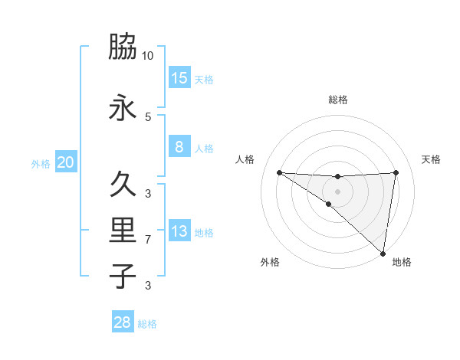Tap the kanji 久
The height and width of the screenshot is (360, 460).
pyautogui.click(x=123, y=185)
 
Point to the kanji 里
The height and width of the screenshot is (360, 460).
pyautogui.click(x=123, y=231)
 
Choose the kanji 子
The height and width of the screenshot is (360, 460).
pyautogui.click(x=123, y=277)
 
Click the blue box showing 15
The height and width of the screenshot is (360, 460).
pyautogui.click(x=179, y=78)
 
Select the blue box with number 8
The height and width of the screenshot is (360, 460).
pyautogui.click(x=179, y=147)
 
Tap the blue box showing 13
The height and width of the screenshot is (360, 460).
pyautogui.click(x=179, y=231)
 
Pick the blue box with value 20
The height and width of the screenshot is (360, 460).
pyautogui.click(x=66, y=162)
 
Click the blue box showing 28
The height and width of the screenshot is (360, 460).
pyautogui.click(x=123, y=322)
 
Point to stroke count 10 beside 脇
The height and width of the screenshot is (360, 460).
pyautogui.click(x=148, y=55)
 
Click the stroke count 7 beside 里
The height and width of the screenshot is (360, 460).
pyautogui.click(x=148, y=240)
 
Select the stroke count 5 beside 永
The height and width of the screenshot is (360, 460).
pyautogui.click(x=148, y=116)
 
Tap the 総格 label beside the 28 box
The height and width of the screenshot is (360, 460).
pyautogui.click(x=147, y=324)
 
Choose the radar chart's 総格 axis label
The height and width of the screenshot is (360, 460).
pyautogui.click(x=337, y=100)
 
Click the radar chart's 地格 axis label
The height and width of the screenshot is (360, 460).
pyautogui.click(x=402, y=262)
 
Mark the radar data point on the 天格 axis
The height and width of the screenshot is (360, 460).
pyautogui.click(x=396, y=172)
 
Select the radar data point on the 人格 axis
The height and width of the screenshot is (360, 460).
pyautogui.click(x=279, y=172)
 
